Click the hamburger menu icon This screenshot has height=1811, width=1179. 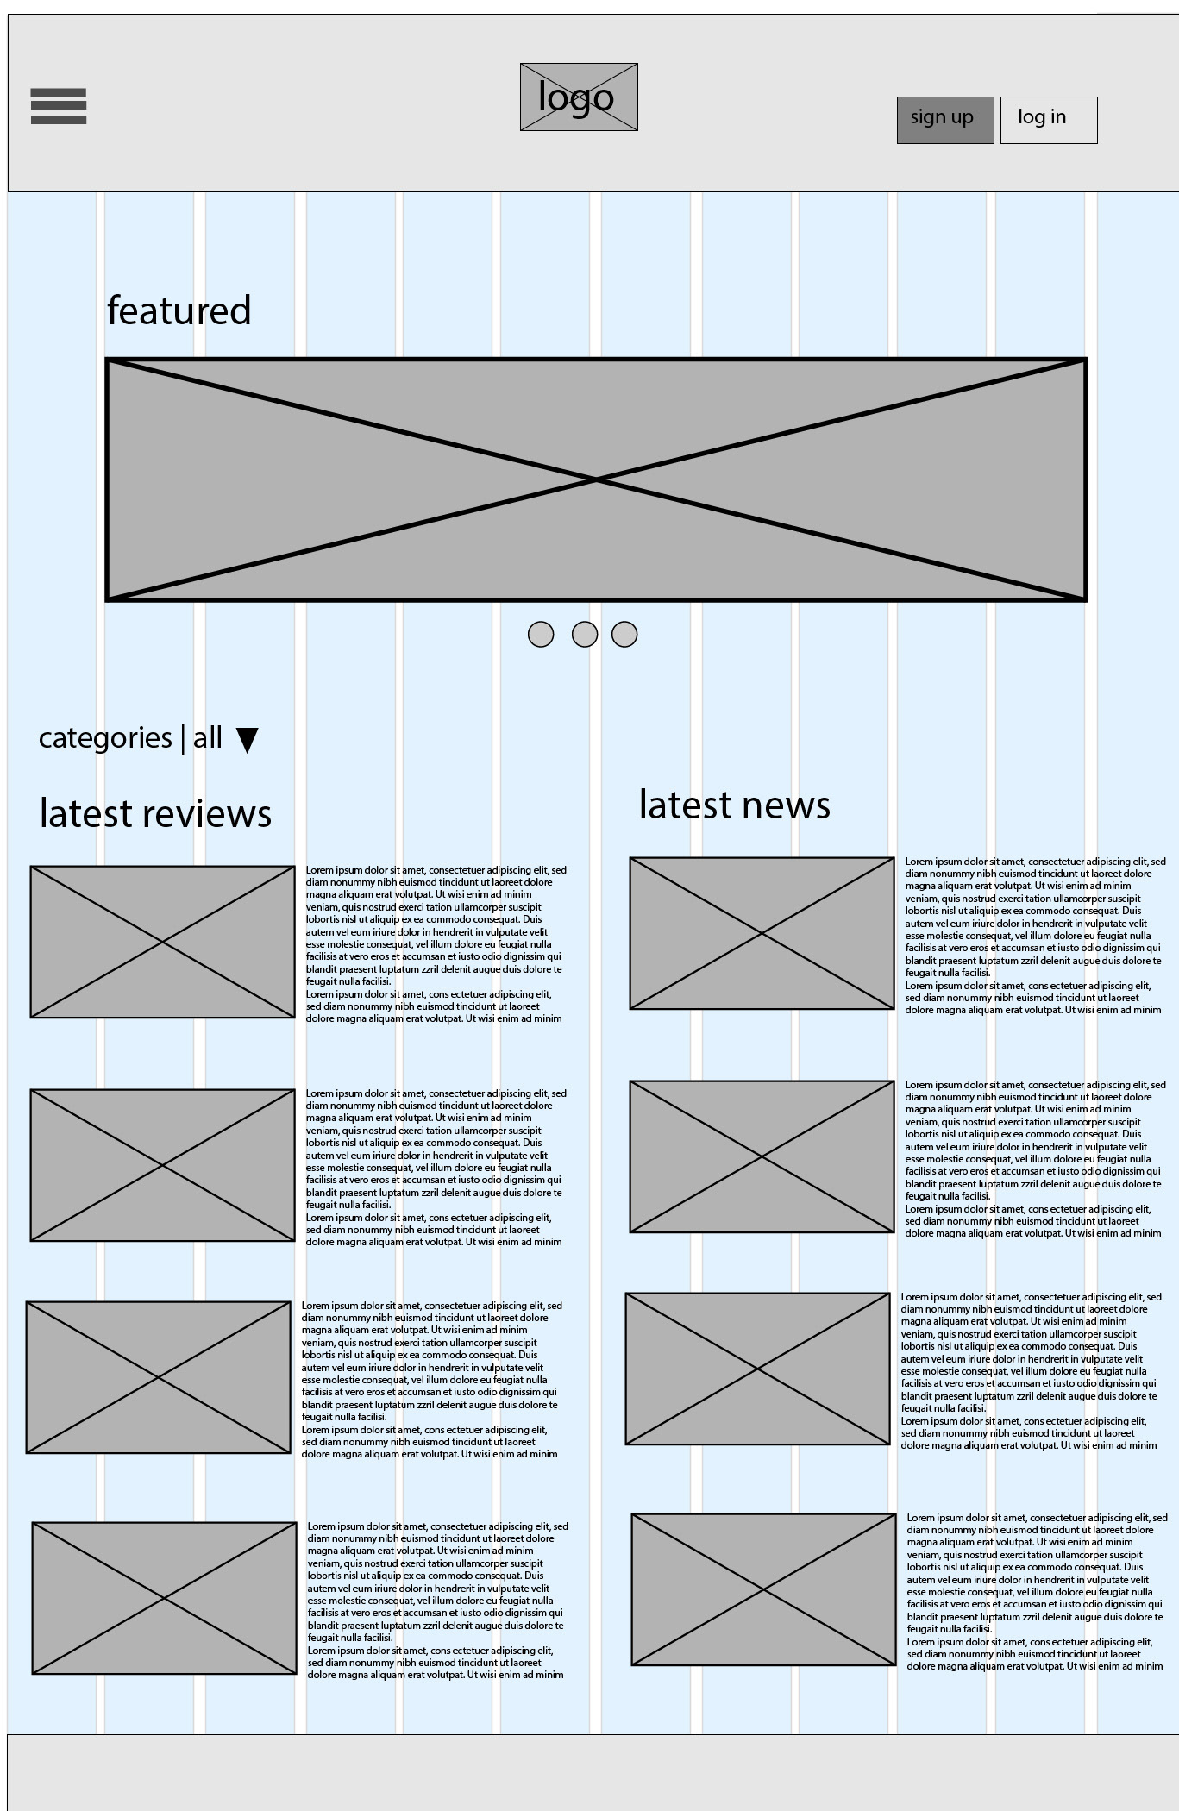tap(59, 106)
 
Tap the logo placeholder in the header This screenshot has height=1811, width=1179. tap(579, 97)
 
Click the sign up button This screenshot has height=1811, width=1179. tap(945, 120)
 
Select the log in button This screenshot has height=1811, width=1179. tap(1049, 120)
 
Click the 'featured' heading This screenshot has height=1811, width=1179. tap(179, 310)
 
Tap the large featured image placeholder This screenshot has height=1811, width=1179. tap(596, 479)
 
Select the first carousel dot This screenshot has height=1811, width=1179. tap(541, 635)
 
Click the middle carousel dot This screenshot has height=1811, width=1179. tap(585, 635)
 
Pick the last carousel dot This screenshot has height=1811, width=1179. tap(624, 635)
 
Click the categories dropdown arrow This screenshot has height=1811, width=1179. tap(248, 740)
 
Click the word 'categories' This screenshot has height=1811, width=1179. tap(105, 738)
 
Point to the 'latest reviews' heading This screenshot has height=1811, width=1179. tap(155, 813)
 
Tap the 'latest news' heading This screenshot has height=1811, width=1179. tap(735, 805)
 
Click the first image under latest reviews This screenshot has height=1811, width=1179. tap(163, 942)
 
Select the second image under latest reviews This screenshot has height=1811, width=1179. tap(163, 1165)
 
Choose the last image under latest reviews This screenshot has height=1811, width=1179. tap(165, 1598)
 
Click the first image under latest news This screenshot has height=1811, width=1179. tap(762, 933)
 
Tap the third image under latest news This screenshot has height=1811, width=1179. tap(757, 1369)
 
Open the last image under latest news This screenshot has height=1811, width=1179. tap(763, 1589)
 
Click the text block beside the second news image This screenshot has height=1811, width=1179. tap(1033, 1159)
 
